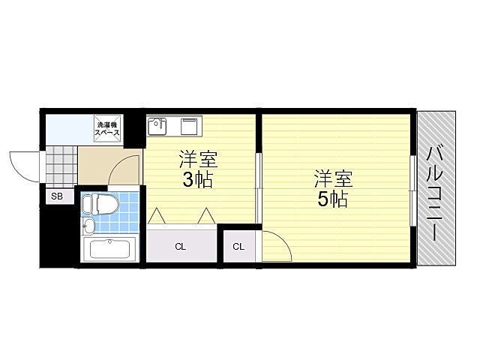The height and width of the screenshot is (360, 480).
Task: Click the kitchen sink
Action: pos(157,126)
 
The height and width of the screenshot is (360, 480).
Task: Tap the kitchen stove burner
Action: pos(188,125)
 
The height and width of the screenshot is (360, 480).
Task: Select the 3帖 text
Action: pos(197,181)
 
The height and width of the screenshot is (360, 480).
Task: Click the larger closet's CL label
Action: pos(181,246)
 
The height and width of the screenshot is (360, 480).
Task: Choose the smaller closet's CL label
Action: pos(237,246)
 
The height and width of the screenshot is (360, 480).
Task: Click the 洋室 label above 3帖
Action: pos(197,160)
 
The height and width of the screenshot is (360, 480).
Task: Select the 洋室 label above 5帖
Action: pos(332,178)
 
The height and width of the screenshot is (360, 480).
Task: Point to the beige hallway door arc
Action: pos(125,169)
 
